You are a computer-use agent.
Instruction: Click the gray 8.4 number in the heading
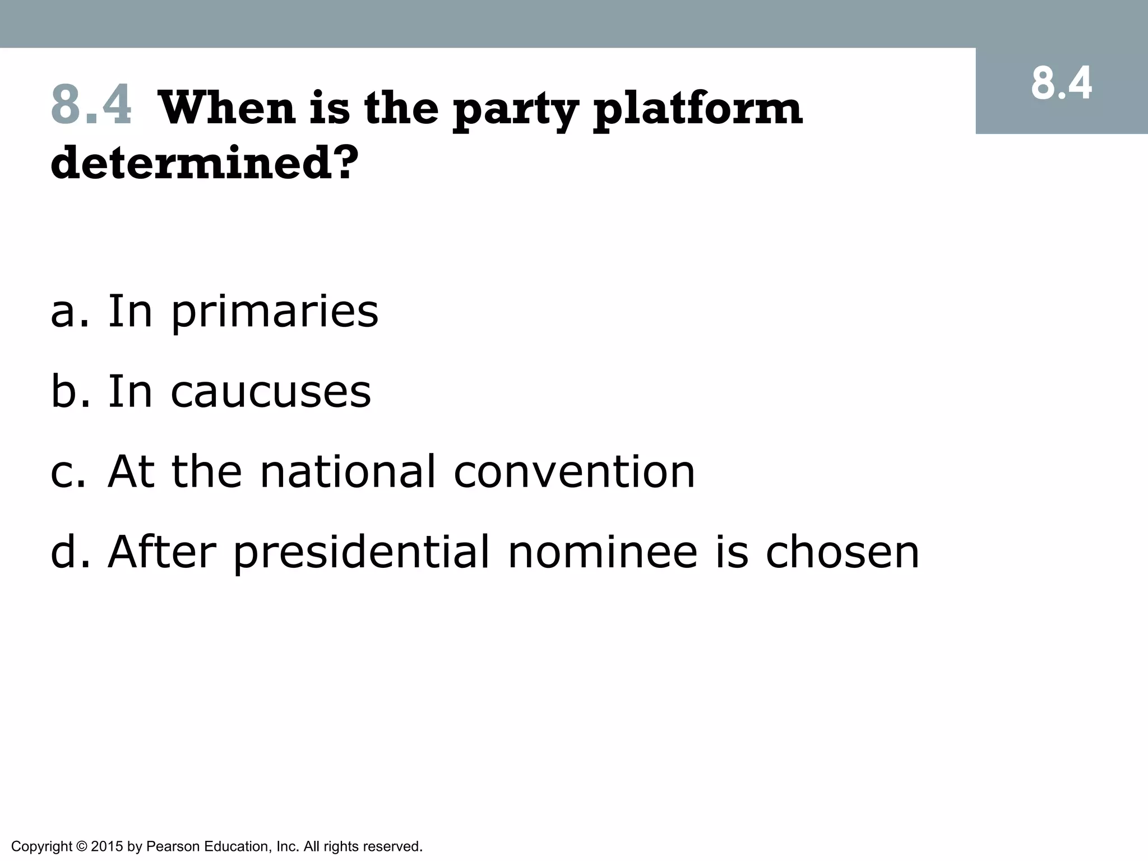pos(91,105)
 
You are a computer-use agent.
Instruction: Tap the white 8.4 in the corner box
pos(1061,85)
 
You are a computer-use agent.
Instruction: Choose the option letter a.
pos(63,312)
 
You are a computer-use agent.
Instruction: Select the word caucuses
pos(271,392)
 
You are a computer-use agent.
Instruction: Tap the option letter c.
pos(63,472)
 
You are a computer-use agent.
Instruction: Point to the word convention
pos(574,472)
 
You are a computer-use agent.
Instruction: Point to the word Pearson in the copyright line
pos(173,846)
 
